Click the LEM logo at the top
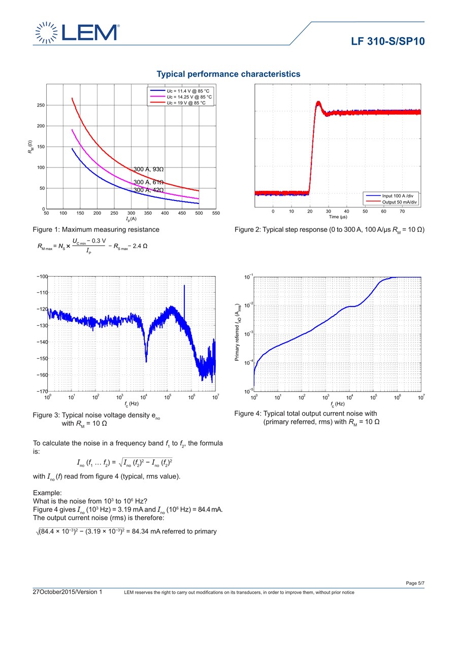[77, 32]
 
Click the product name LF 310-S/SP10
[387, 41]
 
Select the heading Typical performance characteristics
[228, 74]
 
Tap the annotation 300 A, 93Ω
[149, 169]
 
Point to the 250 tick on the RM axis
[40, 105]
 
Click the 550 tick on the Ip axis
[216, 214]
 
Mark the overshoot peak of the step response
[318, 103]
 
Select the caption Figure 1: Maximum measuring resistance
[96, 229]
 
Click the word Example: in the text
[47, 493]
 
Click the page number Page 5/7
[415, 583]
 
